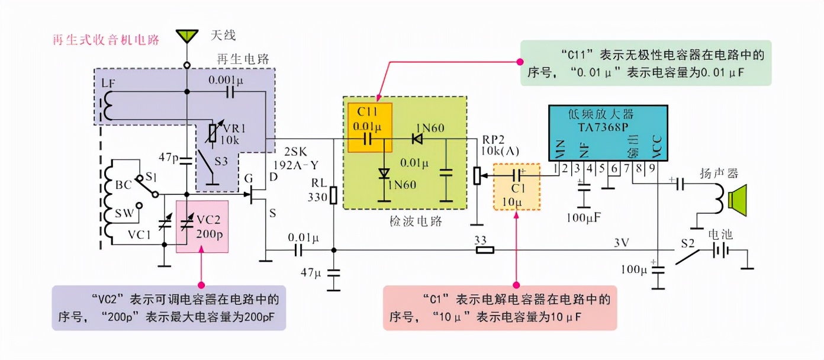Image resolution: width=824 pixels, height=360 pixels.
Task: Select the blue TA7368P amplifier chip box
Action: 608,133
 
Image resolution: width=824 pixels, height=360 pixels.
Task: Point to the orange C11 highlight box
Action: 369,127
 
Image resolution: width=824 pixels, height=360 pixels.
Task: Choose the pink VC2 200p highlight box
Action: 202,226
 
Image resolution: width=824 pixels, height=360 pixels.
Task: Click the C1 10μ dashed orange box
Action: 516,187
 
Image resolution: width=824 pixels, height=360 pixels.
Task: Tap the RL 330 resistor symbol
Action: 333,195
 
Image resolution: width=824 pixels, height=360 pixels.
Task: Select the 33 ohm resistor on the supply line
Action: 485,250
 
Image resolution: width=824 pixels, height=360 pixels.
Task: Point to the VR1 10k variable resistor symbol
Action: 211,134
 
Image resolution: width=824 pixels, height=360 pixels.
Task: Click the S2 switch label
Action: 687,243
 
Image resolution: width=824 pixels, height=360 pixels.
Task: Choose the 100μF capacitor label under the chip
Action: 584,217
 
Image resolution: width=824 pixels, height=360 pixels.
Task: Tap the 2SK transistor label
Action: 294,150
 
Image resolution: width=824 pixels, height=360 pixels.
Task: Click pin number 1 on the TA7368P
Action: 556,168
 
